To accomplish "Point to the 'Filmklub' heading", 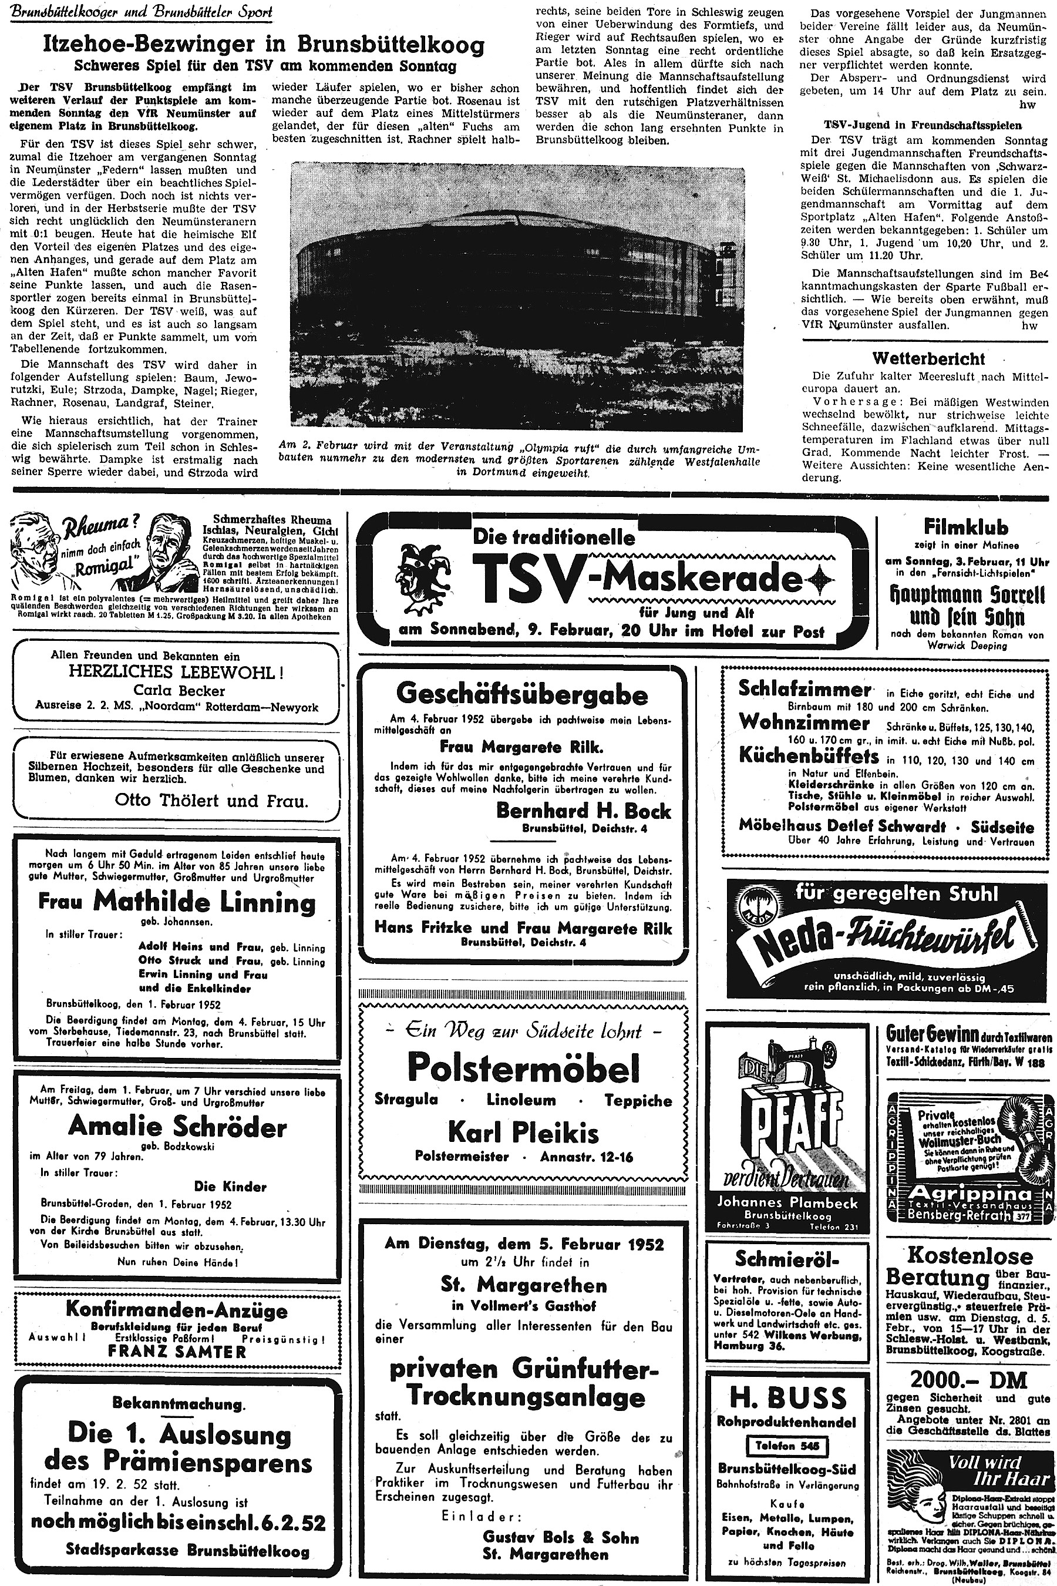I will pyautogui.click(x=965, y=527).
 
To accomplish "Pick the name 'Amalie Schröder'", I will pyautogui.click(x=177, y=1125).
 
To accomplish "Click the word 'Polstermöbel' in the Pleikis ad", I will pyautogui.click(x=523, y=1067).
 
